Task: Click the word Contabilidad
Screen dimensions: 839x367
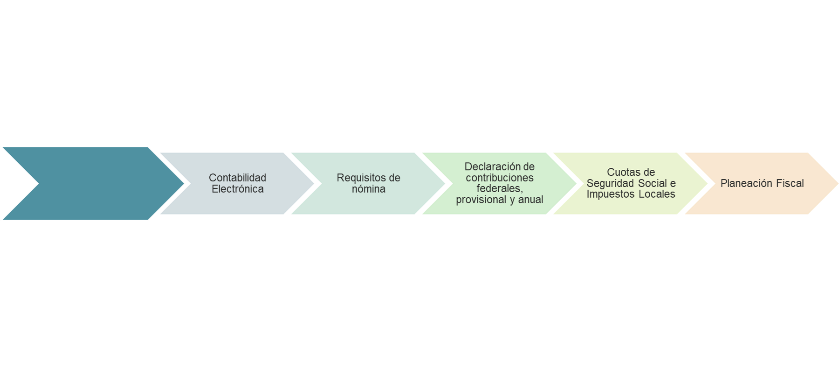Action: click(237, 178)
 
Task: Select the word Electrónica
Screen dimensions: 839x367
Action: click(238, 189)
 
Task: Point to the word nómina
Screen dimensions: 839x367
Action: click(368, 189)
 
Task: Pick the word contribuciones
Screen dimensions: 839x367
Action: click(500, 178)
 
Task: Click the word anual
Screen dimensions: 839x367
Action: click(531, 200)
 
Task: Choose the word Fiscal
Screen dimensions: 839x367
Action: click(790, 183)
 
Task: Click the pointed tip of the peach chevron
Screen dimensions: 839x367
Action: click(838, 184)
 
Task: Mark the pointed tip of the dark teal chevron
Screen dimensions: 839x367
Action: click(184, 184)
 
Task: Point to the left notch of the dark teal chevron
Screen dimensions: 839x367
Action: click(39, 184)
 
